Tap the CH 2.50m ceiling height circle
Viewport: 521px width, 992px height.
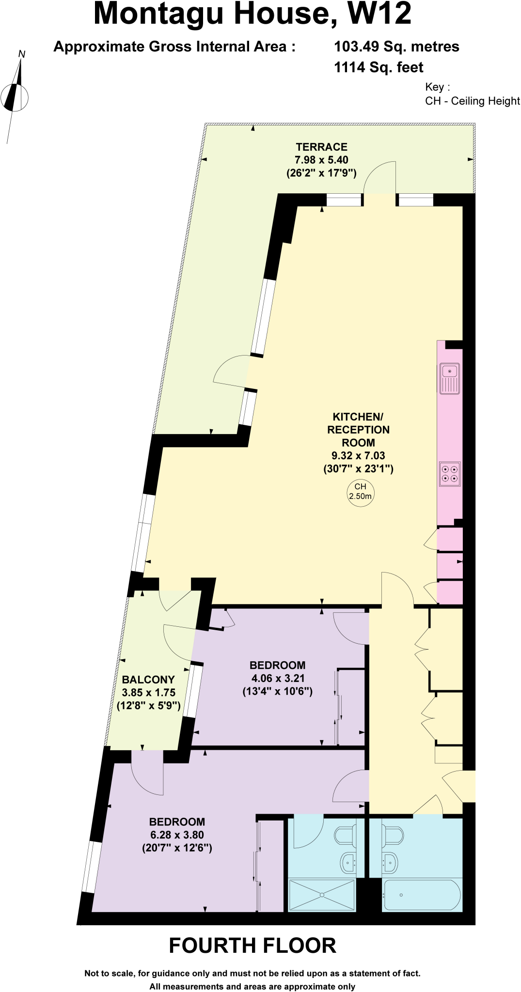tap(361, 492)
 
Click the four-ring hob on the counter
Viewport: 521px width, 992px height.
tap(450, 474)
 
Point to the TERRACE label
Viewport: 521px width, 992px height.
tap(322, 147)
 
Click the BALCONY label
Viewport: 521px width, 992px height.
tap(148, 680)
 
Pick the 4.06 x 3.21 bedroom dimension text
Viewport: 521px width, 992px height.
tap(278, 678)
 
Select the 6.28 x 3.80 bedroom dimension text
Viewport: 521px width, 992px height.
tap(177, 835)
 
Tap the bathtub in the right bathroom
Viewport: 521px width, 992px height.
tap(422, 895)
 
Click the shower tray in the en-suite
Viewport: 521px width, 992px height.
tap(322, 895)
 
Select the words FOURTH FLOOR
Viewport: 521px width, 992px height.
tap(253, 945)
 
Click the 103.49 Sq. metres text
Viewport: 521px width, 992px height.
tap(396, 46)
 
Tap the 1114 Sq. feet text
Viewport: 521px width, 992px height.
tap(379, 67)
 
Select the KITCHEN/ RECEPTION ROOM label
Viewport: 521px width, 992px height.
tap(358, 430)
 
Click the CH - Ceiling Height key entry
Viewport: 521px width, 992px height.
tap(472, 101)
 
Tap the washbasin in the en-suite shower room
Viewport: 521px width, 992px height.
tap(348, 863)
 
